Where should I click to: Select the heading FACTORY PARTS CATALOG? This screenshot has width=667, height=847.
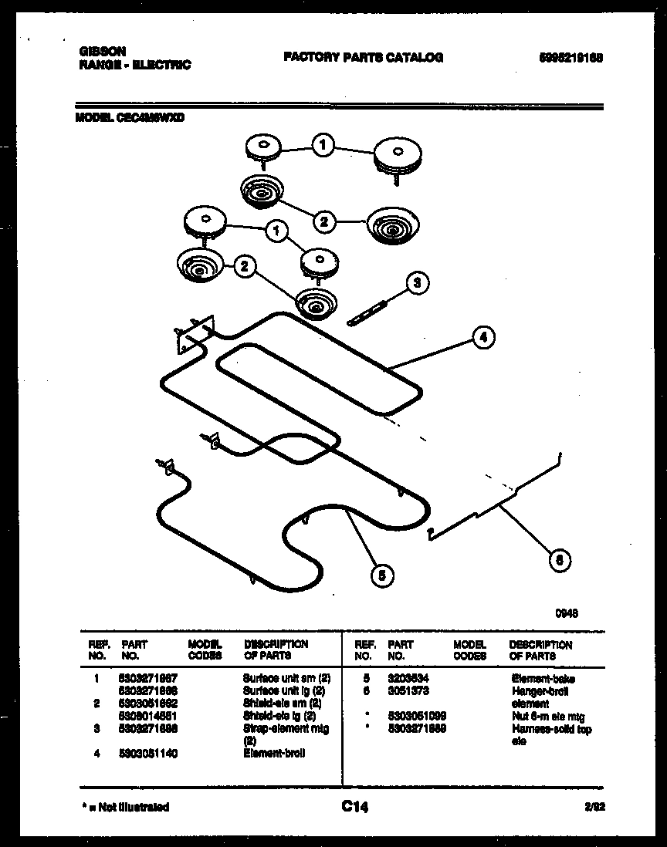click(x=363, y=58)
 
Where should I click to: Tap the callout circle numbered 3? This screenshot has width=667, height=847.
click(x=417, y=283)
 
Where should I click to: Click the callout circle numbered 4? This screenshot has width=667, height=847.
click(x=483, y=337)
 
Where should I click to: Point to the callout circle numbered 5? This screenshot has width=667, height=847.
click(x=381, y=575)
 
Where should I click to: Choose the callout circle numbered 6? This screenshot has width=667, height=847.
click(x=560, y=560)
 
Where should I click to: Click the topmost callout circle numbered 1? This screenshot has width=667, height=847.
click(x=324, y=143)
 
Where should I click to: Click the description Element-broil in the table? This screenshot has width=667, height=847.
click(x=274, y=753)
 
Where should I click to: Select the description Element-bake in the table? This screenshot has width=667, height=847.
click(x=543, y=679)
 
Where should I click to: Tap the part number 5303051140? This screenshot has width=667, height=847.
click(x=149, y=753)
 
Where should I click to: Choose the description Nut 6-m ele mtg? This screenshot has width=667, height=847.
click(x=548, y=716)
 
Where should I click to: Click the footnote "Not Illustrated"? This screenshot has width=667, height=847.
click(x=127, y=807)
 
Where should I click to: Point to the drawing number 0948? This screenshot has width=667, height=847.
click(x=567, y=614)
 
